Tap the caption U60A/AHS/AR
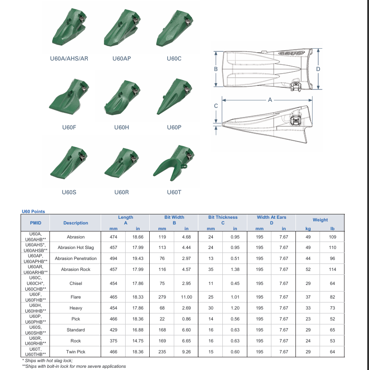(x=69, y=58)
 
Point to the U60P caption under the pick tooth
(x=174, y=128)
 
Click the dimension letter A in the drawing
(x=270, y=100)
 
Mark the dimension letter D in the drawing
(x=318, y=69)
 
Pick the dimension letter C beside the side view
(x=216, y=106)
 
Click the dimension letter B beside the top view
(x=216, y=69)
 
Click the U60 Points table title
(x=33, y=211)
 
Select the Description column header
(x=76, y=223)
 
